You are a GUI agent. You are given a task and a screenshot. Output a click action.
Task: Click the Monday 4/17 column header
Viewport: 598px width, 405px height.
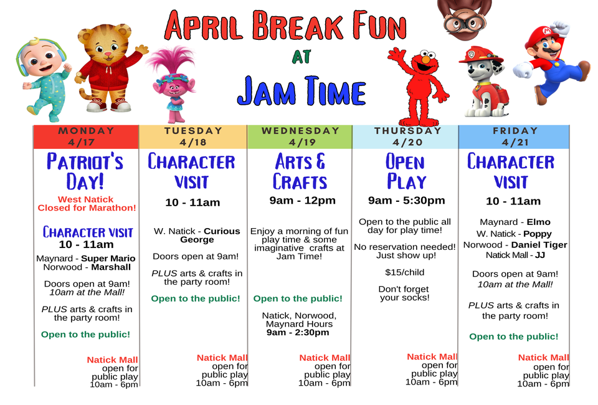[86, 136]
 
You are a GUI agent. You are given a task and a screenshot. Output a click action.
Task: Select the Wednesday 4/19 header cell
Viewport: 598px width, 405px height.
[300, 136]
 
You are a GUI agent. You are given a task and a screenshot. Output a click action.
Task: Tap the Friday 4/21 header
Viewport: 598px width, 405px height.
[514, 136]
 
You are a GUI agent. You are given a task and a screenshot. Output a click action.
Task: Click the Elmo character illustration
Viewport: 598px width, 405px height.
[419, 87]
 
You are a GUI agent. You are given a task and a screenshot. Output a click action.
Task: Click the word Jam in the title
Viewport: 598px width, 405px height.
[266, 92]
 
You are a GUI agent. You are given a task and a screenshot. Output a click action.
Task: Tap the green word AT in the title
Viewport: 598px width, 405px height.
[301, 57]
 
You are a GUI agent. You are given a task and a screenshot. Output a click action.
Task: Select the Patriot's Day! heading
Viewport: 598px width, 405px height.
[85, 171]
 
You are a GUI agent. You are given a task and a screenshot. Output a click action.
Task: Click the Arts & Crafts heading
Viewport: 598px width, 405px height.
[300, 171]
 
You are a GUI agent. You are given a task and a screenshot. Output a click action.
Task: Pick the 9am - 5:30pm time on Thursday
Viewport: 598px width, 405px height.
[407, 200]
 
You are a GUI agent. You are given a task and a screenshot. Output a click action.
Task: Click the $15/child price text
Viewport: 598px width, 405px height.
[405, 272]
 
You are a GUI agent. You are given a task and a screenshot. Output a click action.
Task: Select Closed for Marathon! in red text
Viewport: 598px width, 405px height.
[87, 208]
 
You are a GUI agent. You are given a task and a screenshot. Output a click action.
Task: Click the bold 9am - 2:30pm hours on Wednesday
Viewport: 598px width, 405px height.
[298, 333]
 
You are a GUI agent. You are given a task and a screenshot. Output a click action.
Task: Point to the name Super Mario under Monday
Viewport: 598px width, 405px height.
[108, 259]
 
